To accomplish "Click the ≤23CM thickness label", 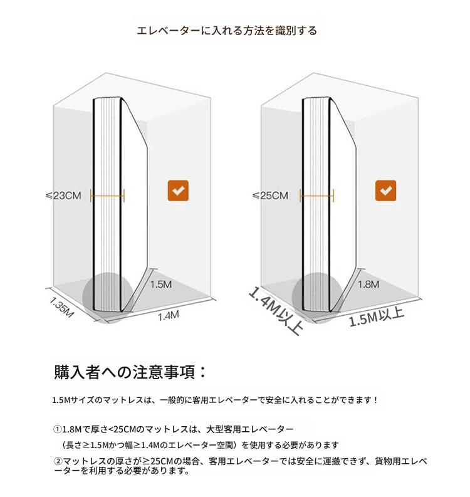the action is [64, 196].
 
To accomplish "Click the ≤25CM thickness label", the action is [271, 196].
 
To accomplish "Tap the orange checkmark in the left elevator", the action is [178, 191].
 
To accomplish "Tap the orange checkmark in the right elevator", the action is [385, 191].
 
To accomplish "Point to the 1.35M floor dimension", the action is [61, 307].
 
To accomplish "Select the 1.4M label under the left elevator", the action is [169, 315].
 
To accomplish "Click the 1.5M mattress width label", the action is [161, 285].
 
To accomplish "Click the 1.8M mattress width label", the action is [368, 285].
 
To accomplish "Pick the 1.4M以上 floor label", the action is [276, 311].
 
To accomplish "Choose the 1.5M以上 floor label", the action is [377, 317].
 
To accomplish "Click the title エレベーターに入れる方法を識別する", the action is [227, 31].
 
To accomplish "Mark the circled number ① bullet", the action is [58, 429].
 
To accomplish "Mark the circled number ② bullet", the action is [58, 461].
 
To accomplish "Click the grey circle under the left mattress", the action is [108, 297].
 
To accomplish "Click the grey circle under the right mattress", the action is [317, 297].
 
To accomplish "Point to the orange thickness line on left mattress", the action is [107, 196].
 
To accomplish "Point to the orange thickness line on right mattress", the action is [316, 196].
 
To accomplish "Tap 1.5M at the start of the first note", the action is [61, 400].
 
